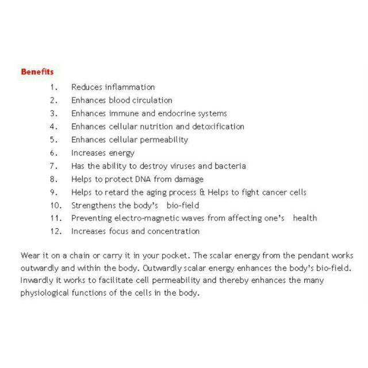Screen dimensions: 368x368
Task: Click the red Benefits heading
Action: [x=37, y=72]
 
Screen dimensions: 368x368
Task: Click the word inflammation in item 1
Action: [x=130, y=87]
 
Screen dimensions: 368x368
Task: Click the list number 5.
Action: [x=53, y=140]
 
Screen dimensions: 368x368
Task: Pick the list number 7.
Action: [x=53, y=166]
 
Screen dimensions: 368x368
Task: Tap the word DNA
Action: [x=133, y=179]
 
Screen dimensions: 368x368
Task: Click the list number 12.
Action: [x=55, y=232]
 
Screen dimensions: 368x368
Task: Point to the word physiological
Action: [x=44, y=292]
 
